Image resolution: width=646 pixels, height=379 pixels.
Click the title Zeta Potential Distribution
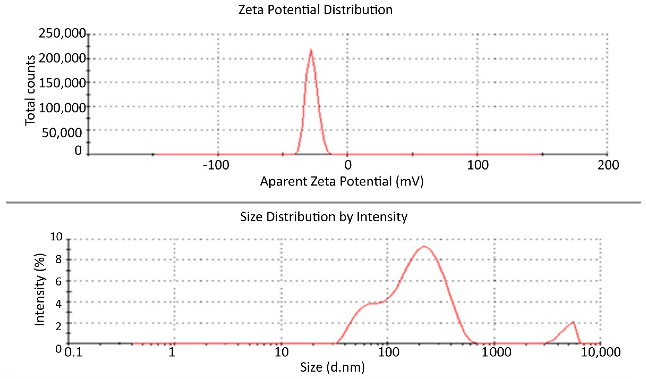click(x=315, y=10)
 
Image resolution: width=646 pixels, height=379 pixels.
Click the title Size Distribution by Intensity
click(x=324, y=217)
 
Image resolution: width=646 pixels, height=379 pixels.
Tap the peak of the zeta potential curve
click(x=311, y=50)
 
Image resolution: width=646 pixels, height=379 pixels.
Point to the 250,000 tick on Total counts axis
click(x=62, y=33)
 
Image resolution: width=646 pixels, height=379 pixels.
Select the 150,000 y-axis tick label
click(x=62, y=83)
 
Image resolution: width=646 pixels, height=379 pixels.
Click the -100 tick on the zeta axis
click(x=216, y=165)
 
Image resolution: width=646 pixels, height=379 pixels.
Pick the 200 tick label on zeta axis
click(x=608, y=165)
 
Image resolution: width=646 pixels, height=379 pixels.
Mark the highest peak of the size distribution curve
click(x=424, y=246)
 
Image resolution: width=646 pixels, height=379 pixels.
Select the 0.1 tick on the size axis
click(x=73, y=352)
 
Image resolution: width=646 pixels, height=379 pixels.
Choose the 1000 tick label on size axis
click(x=496, y=352)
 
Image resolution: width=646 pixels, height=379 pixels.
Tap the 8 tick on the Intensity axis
click(x=58, y=259)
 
